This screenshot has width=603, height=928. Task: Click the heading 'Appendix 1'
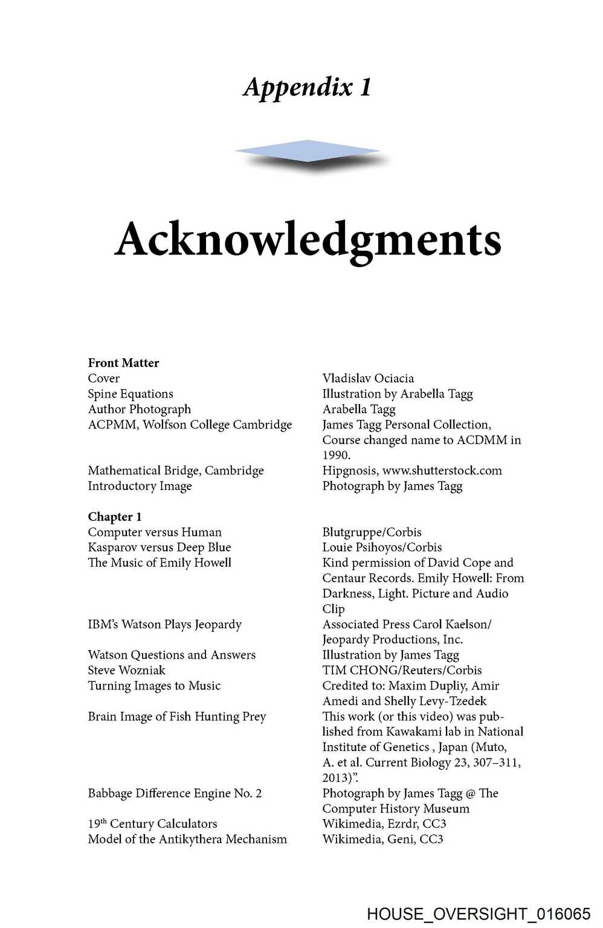pyautogui.click(x=307, y=87)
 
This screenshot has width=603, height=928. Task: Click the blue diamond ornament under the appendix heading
pyautogui.click(x=307, y=151)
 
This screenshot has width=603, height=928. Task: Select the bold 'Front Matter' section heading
pyautogui.click(x=123, y=363)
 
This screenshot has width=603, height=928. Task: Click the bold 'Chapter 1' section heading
pyautogui.click(x=115, y=517)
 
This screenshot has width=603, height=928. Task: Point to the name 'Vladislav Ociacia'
pyautogui.click(x=368, y=379)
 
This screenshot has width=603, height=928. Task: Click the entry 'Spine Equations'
pyautogui.click(x=131, y=394)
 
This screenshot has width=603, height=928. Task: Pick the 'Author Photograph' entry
pyautogui.click(x=139, y=409)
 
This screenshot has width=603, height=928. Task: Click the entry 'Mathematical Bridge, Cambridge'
pyautogui.click(x=176, y=471)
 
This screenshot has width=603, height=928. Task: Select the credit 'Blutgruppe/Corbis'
pyautogui.click(x=372, y=532)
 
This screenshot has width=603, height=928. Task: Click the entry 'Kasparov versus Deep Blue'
pyautogui.click(x=160, y=547)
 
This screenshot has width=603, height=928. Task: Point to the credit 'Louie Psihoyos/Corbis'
pyautogui.click(x=382, y=547)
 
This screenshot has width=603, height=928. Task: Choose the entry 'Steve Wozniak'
pyautogui.click(x=126, y=670)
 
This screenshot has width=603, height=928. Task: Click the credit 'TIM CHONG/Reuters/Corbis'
pyautogui.click(x=402, y=670)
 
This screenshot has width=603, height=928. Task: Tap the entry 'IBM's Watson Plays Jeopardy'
pyautogui.click(x=164, y=624)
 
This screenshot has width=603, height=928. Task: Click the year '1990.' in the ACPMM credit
pyautogui.click(x=336, y=455)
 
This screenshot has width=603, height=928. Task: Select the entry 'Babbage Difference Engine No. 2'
pyautogui.click(x=175, y=793)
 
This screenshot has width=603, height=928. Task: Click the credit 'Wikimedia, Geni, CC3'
pyautogui.click(x=382, y=839)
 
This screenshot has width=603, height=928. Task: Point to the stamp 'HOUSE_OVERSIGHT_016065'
pyautogui.click(x=478, y=914)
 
